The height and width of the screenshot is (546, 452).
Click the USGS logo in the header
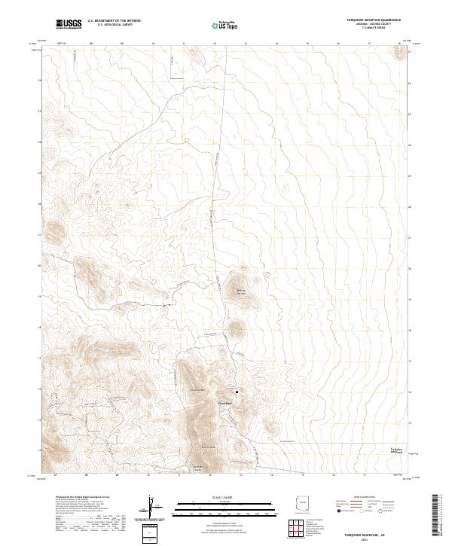coord(69,24)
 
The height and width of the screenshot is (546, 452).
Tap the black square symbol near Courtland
coord(237,392)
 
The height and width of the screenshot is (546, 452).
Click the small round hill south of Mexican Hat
coord(237,328)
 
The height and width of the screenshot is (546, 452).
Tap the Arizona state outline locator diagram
coord(301,502)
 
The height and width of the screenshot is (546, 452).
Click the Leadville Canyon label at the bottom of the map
coord(198,468)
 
